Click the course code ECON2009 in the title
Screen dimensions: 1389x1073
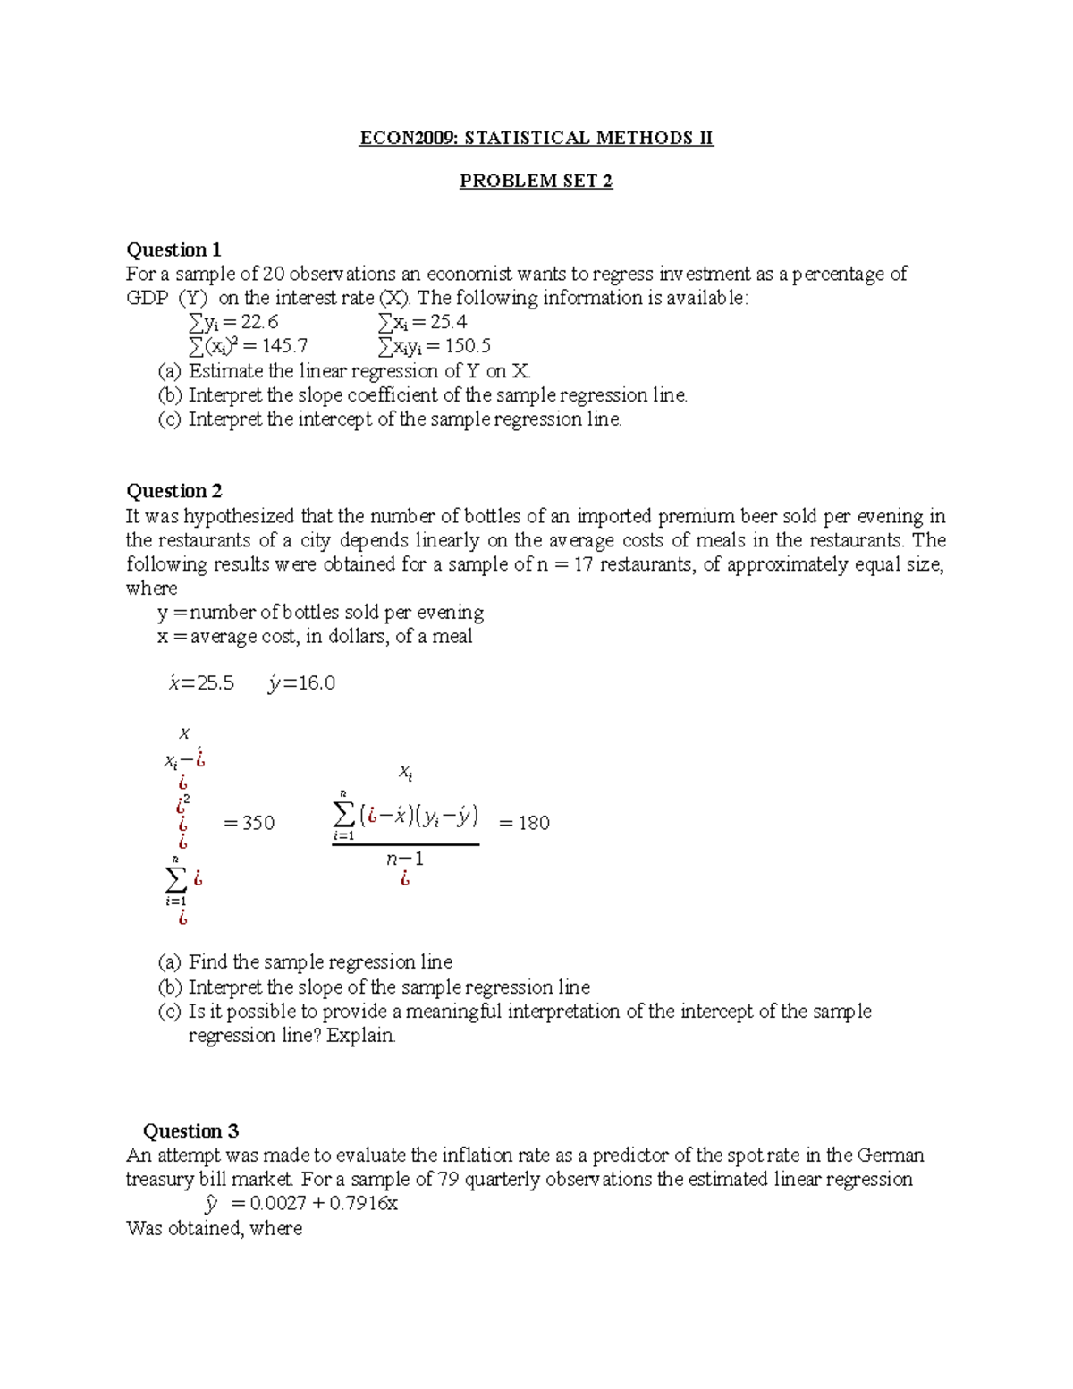click(x=408, y=138)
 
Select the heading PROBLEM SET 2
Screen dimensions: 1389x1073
click(x=536, y=181)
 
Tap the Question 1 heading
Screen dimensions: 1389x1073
click(x=173, y=250)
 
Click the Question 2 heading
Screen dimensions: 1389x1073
click(x=173, y=491)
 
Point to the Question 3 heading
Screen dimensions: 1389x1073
click(x=190, y=1131)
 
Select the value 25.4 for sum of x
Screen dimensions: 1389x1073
click(x=450, y=322)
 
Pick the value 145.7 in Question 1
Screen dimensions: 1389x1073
click(x=283, y=346)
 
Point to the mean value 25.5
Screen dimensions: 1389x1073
click(x=215, y=683)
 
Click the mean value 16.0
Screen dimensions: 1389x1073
click(x=317, y=683)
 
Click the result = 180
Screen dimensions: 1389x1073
click(x=524, y=823)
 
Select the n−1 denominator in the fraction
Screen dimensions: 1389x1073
click(x=405, y=859)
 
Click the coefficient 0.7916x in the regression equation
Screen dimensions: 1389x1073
click(x=363, y=1204)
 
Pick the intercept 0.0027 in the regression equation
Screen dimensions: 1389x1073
click(x=278, y=1204)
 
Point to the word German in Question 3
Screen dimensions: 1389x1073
click(x=890, y=1155)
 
